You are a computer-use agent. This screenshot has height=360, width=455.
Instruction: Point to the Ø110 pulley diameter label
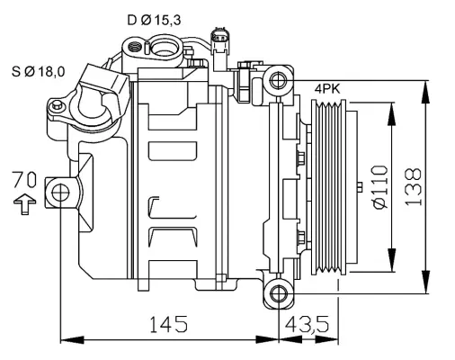[x=378, y=187]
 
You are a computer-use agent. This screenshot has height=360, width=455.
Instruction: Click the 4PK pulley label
[x=327, y=89]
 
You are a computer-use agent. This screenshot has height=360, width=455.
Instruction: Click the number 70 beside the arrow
[x=25, y=178]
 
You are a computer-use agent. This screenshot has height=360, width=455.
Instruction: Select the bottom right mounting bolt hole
[x=279, y=292]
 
